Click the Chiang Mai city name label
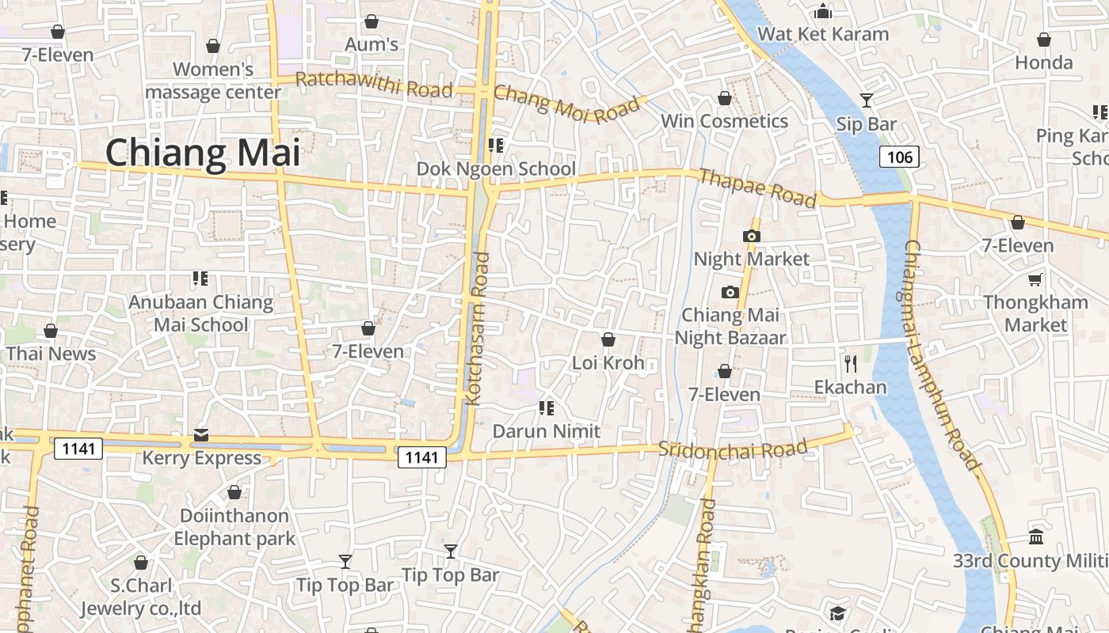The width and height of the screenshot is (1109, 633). click(203, 153)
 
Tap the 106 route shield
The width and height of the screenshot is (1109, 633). click(899, 157)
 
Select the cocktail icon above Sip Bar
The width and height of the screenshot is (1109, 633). click(867, 100)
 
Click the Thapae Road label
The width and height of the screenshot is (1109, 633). click(756, 188)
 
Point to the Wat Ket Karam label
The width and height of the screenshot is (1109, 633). click(823, 34)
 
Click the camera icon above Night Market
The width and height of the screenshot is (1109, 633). click(751, 236)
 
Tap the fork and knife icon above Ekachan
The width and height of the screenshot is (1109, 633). click(851, 364)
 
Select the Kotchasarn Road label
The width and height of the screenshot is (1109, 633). click(478, 328)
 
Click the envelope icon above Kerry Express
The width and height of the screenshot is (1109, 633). click(201, 435)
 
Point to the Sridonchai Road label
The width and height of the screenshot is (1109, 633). click(733, 449)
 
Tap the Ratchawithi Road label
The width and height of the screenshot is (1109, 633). click(374, 85)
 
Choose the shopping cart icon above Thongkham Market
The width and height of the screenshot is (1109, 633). click(1035, 279)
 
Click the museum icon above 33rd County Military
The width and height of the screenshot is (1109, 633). click(1035, 537)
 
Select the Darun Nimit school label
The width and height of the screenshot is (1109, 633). click(547, 431)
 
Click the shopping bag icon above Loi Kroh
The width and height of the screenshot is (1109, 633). click(608, 339)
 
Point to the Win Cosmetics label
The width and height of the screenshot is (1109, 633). click(724, 121)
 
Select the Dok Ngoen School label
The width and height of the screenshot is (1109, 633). click(496, 169)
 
